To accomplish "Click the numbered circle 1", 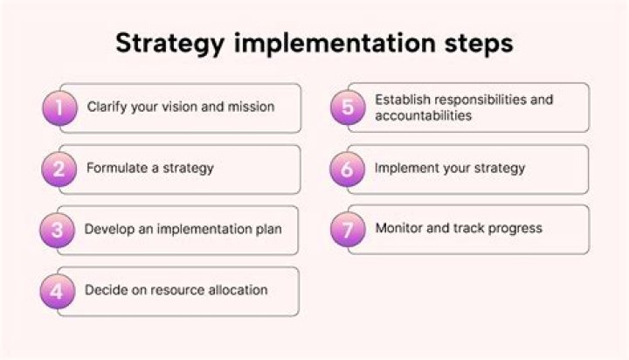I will pyautogui.click(x=59, y=108).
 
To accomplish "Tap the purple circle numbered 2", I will pyautogui.click(x=59, y=170).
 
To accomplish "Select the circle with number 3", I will pyautogui.click(x=57, y=231).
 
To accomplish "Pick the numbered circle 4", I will pyautogui.click(x=57, y=292).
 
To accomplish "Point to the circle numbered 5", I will pyautogui.click(x=348, y=108).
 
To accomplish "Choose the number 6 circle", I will pyautogui.click(x=347, y=170).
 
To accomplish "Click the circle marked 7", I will pyautogui.click(x=347, y=231).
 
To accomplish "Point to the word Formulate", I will pyautogui.click(x=117, y=168).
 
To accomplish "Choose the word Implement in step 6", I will pyautogui.click(x=408, y=168).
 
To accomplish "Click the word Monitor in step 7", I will pyautogui.click(x=400, y=228).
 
